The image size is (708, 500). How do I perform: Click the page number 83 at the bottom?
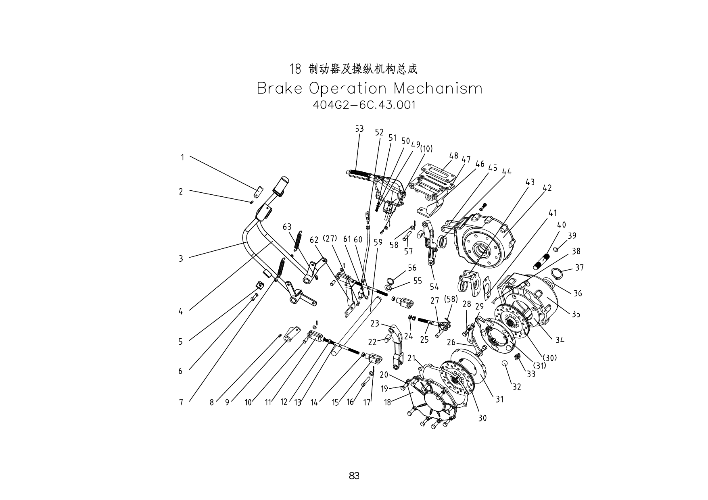coord(354,476)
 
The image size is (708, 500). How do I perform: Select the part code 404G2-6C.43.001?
coord(364,105)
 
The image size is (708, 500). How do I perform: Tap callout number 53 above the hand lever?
coord(359,129)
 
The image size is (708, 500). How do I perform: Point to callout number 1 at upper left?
coord(182,157)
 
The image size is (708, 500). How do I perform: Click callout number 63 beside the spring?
coord(287,227)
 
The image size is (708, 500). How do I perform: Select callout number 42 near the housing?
coord(547,188)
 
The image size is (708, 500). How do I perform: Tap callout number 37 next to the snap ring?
coord(579,267)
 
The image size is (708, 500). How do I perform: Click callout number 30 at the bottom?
coord(482,418)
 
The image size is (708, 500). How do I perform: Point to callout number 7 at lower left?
coord(181,402)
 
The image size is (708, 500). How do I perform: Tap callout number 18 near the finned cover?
coord(387,402)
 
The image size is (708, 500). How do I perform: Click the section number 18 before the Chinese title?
coord(295,69)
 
